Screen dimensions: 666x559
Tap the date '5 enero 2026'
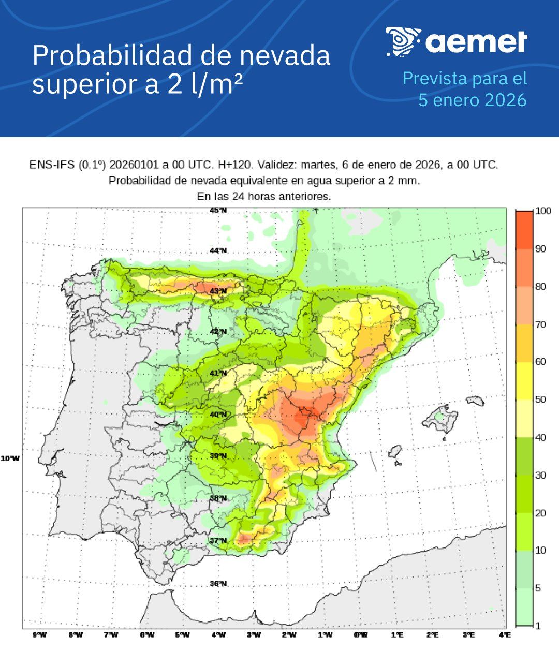(x=472, y=100)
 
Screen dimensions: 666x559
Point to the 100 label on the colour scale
(x=543, y=211)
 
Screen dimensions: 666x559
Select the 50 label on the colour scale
(x=540, y=399)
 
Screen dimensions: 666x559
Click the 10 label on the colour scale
(x=540, y=550)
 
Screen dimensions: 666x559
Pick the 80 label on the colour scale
(x=540, y=287)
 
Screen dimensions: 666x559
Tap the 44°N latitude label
(x=218, y=251)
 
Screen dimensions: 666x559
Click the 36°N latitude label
(x=218, y=584)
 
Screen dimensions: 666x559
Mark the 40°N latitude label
(x=218, y=415)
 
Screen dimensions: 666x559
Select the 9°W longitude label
(x=39, y=635)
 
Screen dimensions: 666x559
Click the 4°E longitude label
(x=504, y=635)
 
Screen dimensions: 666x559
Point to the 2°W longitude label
(x=289, y=635)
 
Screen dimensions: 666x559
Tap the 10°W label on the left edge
(x=10, y=458)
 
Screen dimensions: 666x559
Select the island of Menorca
(x=475, y=401)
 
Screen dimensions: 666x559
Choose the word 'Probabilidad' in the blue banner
(x=112, y=55)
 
